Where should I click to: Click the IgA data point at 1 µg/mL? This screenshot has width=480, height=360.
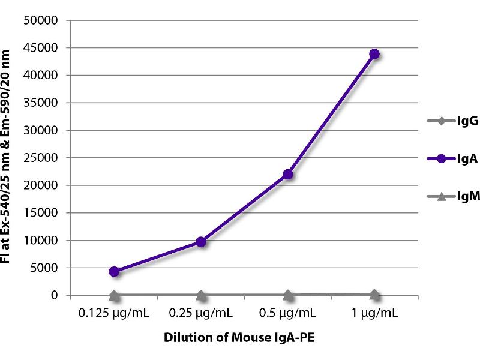tap(374, 54)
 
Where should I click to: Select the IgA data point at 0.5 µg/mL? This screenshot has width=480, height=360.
tap(288, 174)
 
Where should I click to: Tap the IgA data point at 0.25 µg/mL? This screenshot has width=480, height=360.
tap(201, 242)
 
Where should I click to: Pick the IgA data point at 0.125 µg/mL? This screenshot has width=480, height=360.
tap(114, 271)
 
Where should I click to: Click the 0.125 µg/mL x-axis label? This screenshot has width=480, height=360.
tap(114, 313)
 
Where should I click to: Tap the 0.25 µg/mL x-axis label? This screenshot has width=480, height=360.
tap(201, 313)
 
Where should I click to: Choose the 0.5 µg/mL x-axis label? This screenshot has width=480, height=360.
tap(288, 313)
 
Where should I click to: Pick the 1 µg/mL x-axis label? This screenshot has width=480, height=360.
tap(374, 313)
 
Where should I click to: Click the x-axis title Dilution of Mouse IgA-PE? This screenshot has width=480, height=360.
tap(239, 338)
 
